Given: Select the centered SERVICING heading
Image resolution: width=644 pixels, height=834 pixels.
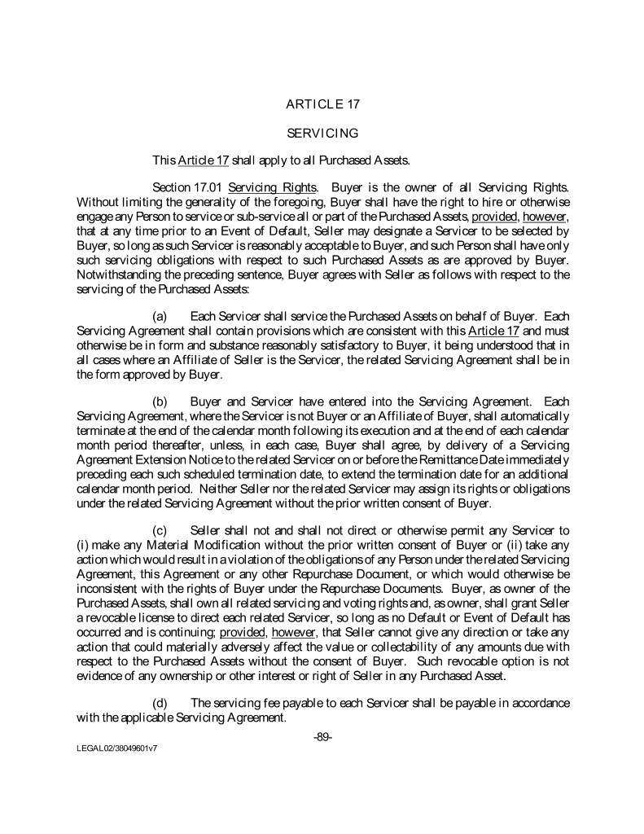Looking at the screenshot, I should pos(323,132).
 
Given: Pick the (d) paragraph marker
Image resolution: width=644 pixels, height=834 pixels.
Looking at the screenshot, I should pos(160,703).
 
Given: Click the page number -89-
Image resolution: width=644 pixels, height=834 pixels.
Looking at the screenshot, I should pos(322,737).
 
